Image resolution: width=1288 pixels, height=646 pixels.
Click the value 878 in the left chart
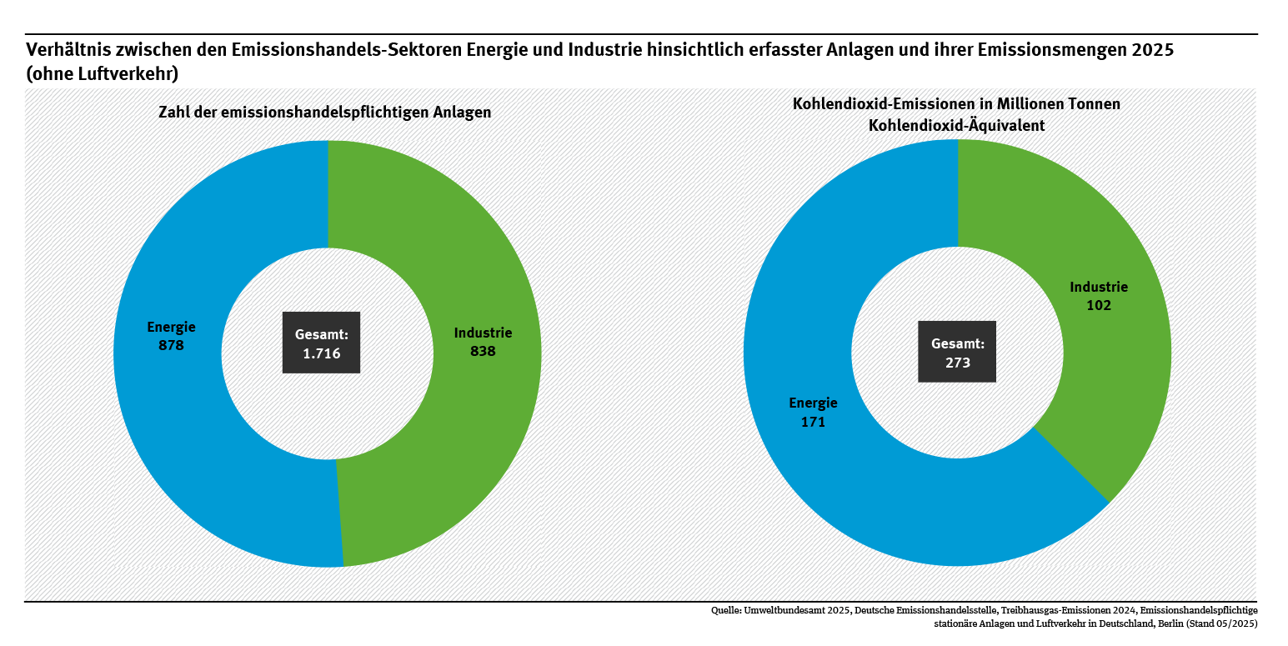pos(171,344)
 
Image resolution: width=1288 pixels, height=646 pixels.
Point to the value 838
pos(483,351)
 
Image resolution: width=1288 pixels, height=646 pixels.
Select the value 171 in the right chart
pos(813,422)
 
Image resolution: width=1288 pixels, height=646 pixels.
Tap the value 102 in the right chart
pos(1099,305)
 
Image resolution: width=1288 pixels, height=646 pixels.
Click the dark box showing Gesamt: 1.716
pos(321,343)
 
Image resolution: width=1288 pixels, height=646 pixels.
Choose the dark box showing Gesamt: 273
pos(957,352)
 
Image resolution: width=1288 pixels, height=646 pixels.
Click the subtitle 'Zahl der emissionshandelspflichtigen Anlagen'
pos(325,113)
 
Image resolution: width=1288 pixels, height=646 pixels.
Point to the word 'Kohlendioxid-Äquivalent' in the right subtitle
pos(957,125)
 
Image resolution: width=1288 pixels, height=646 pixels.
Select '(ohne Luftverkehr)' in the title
pos(103,73)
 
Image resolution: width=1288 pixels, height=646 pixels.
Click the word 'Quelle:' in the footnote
pos(728,610)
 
